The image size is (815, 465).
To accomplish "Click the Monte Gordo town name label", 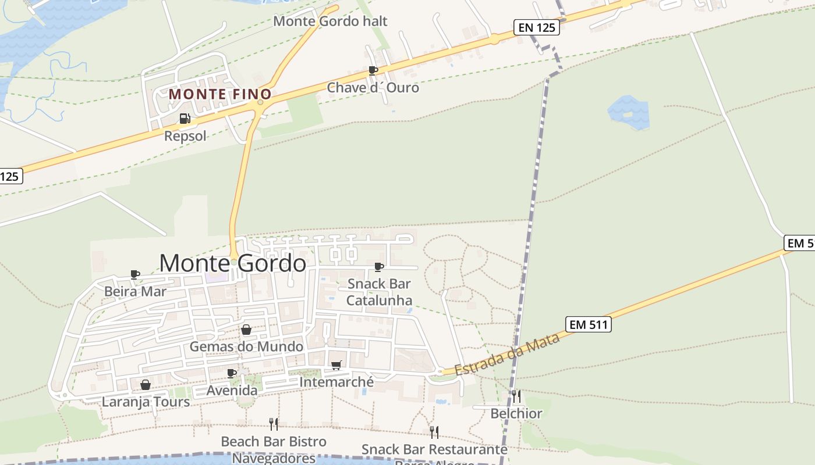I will (x=232, y=263).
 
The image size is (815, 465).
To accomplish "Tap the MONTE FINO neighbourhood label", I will (x=220, y=94).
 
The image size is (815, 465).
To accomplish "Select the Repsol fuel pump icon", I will (x=185, y=119).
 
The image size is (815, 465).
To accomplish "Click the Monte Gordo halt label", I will (x=330, y=22).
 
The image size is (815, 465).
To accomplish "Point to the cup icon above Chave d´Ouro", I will (x=373, y=70).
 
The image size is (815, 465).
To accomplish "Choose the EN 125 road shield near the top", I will (x=537, y=27).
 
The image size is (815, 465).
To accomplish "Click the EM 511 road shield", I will (x=589, y=324).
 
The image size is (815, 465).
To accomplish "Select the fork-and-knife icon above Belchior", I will (x=516, y=396).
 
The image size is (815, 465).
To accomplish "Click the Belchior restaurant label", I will (x=516, y=414).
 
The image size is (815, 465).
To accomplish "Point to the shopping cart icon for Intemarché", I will (x=336, y=365).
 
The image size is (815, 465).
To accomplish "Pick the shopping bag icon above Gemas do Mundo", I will (x=246, y=330).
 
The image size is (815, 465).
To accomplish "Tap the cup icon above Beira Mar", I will (x=135, y=274).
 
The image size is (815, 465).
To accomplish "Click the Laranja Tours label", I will (x=146, y=402).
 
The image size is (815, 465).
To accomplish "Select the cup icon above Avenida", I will (x=232, y=373).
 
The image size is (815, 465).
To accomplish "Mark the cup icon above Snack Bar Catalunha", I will (x=379, y=267).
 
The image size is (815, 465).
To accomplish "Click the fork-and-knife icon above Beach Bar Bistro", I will (x=274, y=424).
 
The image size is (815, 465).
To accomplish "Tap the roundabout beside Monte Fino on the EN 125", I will (x=260, y=102).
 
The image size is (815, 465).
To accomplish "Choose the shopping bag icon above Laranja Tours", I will (x=146, y=385).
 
